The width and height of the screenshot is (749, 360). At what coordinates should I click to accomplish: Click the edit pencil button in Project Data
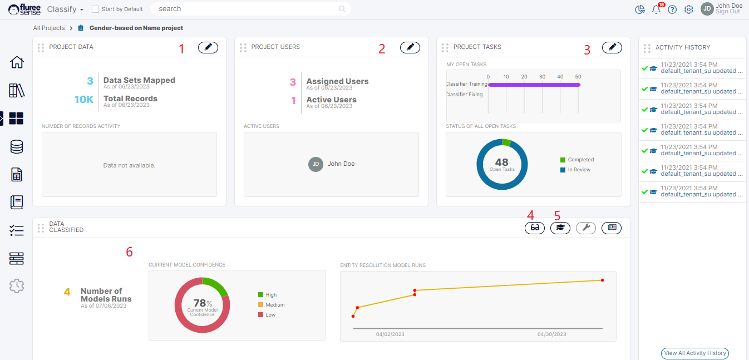208,48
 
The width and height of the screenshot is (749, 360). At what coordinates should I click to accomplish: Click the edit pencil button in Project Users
410,48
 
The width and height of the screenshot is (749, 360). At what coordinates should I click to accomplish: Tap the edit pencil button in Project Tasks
612,48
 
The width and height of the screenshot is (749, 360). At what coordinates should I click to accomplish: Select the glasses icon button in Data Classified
535,228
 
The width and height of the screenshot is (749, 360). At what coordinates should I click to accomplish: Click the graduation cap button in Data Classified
560,228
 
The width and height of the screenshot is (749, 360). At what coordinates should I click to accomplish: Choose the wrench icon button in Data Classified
586,228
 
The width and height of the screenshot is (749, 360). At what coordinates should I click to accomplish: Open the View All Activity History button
695,353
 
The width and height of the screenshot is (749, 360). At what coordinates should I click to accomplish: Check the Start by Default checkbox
95,9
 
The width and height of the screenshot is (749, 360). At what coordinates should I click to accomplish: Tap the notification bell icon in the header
657,9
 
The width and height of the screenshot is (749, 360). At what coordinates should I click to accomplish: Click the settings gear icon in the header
689,9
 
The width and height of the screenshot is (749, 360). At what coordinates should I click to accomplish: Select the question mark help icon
672,9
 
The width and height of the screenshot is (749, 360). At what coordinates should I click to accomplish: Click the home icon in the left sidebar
17,62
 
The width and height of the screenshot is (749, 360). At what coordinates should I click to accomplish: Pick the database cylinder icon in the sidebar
17,147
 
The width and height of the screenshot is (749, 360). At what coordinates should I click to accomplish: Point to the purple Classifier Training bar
534,85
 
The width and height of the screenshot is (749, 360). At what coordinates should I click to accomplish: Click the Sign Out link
728,12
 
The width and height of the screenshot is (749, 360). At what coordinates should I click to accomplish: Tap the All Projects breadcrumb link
49,28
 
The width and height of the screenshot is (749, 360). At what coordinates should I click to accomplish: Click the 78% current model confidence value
202,304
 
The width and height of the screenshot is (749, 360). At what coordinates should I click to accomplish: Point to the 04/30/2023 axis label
551,334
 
